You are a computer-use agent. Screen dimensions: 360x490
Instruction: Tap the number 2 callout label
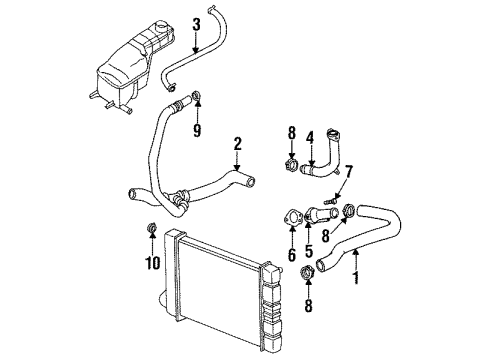237,143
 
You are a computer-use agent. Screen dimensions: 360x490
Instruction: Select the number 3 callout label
196,23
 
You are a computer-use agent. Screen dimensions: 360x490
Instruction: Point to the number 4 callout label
310,137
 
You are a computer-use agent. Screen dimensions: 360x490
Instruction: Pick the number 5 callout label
309,254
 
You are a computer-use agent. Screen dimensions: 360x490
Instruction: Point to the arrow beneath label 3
196,45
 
